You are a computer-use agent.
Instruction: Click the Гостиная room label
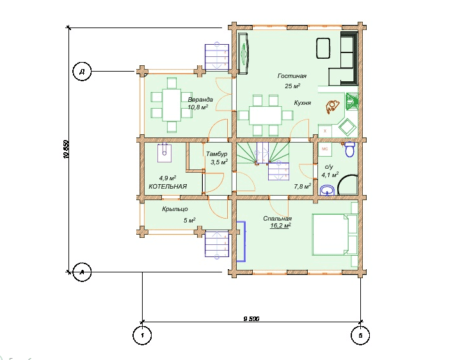point(292,76)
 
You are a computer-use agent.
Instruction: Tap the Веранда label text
point(200,100)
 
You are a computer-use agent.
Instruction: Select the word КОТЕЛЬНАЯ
point(168,186)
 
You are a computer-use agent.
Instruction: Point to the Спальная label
point(277,219)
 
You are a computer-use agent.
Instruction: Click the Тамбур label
point(216,154)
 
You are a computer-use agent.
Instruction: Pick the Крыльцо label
point(175,209)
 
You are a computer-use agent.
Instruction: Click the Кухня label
point(302,103)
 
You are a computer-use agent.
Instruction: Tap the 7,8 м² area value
point(303,186)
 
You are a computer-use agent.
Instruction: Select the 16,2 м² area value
point(280,226)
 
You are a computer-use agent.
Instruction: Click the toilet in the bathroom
point(350,150)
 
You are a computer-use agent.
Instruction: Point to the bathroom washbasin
point(327,190)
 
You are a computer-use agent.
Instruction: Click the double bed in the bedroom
point(335,235)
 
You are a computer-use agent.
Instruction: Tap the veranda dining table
point(171,105)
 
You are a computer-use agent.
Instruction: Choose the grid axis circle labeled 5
point(360,335)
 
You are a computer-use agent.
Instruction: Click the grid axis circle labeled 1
point(142,335)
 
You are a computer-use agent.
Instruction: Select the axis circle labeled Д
point(82,71)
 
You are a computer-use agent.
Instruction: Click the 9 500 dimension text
point(251,318)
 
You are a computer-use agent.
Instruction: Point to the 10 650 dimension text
point(66,150)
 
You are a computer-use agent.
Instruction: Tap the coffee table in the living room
point(323,48)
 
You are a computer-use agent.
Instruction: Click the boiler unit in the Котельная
point(164,153)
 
